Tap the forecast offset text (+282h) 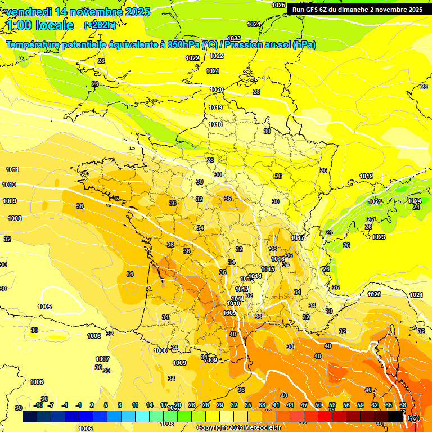(100, 25)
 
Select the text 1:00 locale (40, 25)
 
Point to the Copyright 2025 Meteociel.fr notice (238, 427)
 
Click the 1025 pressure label (278, 5)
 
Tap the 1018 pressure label (215, 124)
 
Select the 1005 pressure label (44, 307)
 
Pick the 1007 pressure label (102, 359)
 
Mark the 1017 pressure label (298, 238)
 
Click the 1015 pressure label (268, 269)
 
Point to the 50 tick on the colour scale (318, 405)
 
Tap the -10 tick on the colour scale (38, 405)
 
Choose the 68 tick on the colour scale (403, 405)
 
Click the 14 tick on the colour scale (150, 405)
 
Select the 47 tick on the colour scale (304, 405)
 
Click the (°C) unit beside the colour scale (413, 417)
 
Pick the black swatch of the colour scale (395, 417)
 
